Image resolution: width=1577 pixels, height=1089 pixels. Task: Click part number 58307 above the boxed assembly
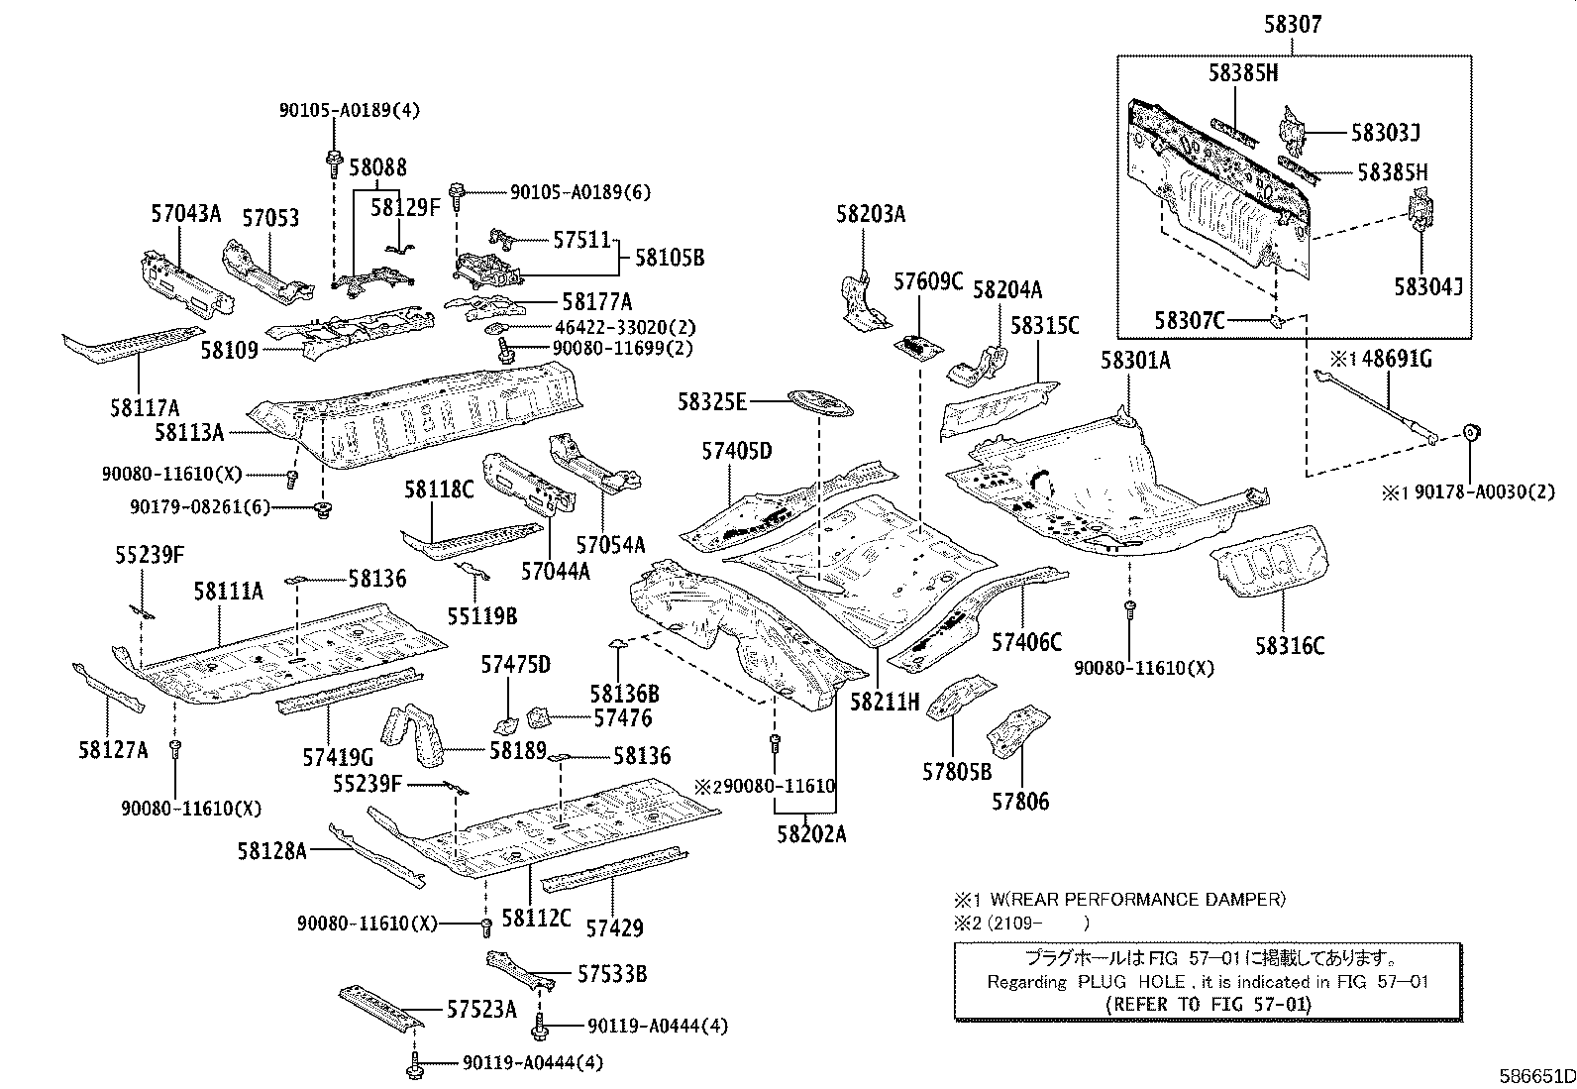click(x=1292, y=25)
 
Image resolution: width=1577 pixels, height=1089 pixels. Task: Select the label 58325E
click(x=711, y=401)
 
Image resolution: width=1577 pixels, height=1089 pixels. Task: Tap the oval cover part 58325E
click(x=819, y=402)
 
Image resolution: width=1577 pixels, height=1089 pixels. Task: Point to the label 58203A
click(x=871, y=214)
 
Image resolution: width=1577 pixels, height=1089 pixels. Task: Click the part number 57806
click(x=1019, y=801)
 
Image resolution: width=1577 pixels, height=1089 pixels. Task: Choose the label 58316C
click(x=1290, y=646)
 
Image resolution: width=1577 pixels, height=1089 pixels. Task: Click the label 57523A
click(x=481, y=1010)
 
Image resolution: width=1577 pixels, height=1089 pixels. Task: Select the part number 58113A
click(x=190, y=431)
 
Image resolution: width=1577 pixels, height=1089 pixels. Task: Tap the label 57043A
click(x=186, y=212)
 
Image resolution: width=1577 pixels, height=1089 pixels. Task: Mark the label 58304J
click(x=1428, y=287)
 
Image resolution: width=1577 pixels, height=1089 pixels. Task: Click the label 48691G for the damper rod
click(x=1396, y=359)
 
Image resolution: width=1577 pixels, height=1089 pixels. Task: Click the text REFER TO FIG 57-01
click(x=1208, y=1004)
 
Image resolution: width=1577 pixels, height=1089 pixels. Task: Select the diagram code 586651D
click(x=1534, y=1076)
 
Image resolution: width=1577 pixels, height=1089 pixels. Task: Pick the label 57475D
click(x=515, y=664)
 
